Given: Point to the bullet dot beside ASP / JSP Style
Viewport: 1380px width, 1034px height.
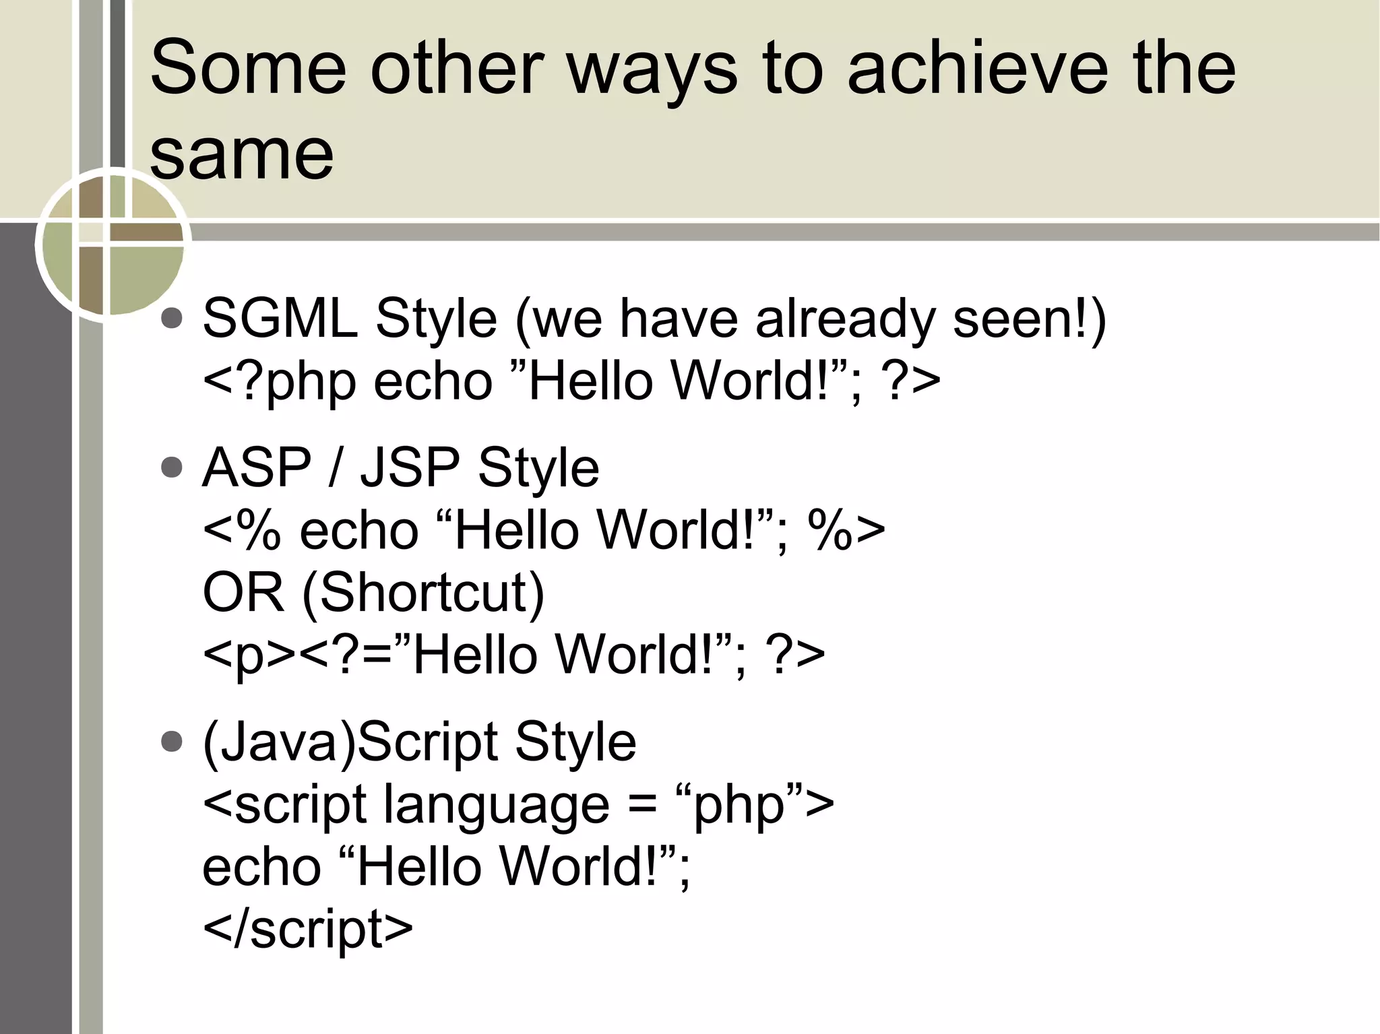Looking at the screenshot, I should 172,467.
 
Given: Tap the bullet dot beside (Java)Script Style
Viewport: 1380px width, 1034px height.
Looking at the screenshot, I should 172,742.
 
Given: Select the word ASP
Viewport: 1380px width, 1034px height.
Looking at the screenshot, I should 257,467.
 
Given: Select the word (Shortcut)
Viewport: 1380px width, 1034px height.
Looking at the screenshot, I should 423,593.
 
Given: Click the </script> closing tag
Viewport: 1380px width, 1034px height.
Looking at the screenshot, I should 307,929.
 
